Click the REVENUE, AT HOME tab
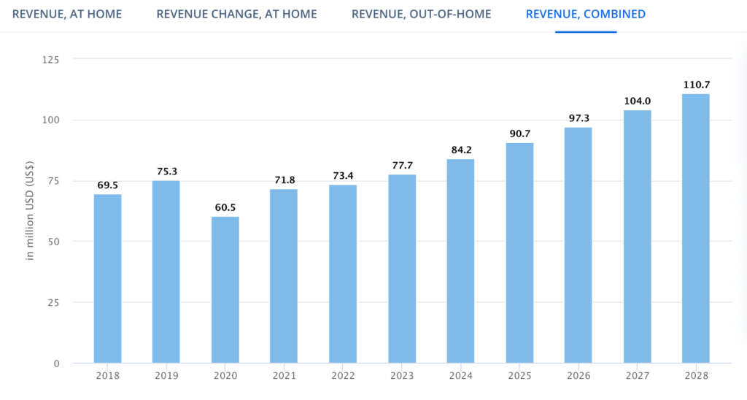pos(67,15)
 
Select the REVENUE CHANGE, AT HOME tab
pos(237,15)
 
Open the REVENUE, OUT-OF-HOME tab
pos(421,15)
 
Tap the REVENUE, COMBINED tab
pos(586,15)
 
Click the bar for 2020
pos(225,290)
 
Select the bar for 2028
pos(695,229)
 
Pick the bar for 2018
pos(108,279)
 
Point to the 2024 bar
pos(460,261)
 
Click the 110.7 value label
pos(697,85)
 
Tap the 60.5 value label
pos(225,207)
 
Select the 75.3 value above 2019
pos(167,172)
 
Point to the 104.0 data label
pos(638,101)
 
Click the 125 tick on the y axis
pos(50,60)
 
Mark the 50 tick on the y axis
pos(53,242)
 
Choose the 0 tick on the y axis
pos(57,364)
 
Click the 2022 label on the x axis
pos(343,376)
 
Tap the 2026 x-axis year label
pos(578,376)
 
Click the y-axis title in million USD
pos(30,211)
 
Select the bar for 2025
pos(519,253)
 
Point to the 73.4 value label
pos(343,176)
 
